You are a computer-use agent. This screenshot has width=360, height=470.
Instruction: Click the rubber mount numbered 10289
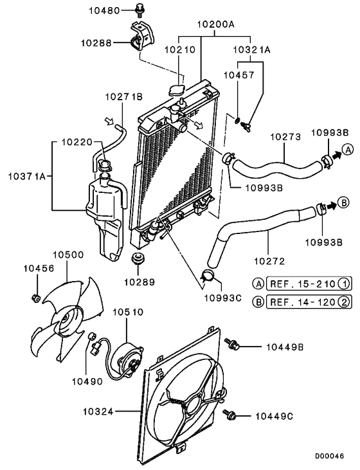tap(136, 260)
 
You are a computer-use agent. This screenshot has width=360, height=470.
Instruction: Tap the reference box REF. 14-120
tap(303, 302)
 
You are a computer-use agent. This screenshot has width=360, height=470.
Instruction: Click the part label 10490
tap(87, 381)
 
